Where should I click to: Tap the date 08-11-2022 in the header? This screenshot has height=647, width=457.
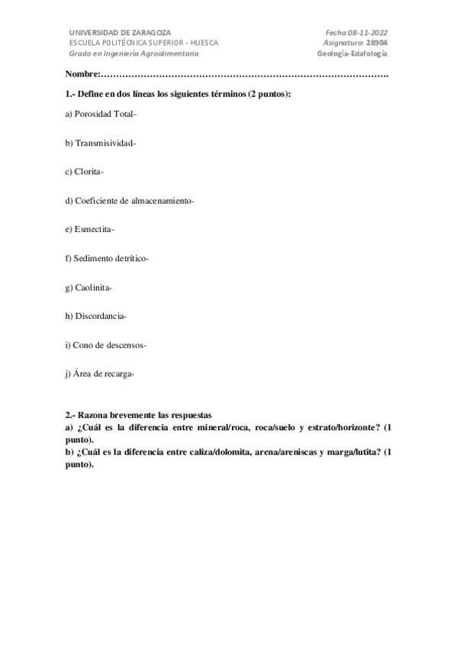pyautogui.click(x=367, y=33)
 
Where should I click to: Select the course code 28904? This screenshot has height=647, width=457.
pyautogui.click(x=376, y=43)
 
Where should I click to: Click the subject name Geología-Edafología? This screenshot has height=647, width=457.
pyautogui.click(x=356, y=54)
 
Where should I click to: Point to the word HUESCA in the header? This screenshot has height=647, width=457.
pyautogui.click(x=204, y=43)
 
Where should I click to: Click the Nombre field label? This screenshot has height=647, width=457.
pyautogui.click(x=82, y=74)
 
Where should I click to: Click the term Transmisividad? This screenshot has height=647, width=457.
pyautogui.click(x=105, y=143)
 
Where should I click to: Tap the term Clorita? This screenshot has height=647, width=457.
pyautogui.click(x=89, y=172)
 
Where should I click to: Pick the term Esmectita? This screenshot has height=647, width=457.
pyautogui.click(x=93, y=230)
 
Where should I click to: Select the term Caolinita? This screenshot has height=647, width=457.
pyautogui.click(x=92, y=288)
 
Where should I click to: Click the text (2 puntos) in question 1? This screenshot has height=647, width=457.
pyautogui.click(x=269, y=93)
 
